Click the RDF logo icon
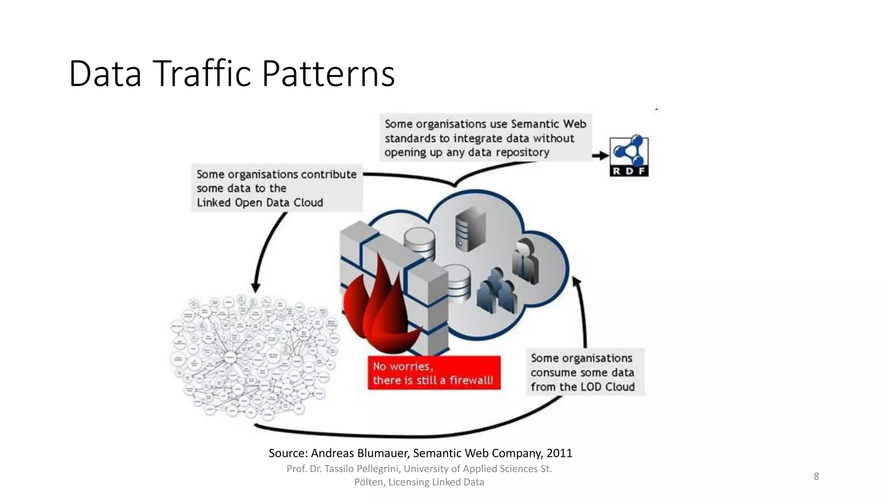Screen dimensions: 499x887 click(629, 156)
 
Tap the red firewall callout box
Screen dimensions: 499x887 click(434, 373)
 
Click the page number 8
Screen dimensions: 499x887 click(816, 476)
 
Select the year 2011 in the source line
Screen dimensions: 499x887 click(559, 453)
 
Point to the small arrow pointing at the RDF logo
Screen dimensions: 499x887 click(600, 156)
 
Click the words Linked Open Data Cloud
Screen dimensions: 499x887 click(260, 203)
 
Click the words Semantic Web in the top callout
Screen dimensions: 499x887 click(548, 124)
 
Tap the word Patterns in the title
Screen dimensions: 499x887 click(328, 74)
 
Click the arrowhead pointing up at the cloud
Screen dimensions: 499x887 click(576, 282)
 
